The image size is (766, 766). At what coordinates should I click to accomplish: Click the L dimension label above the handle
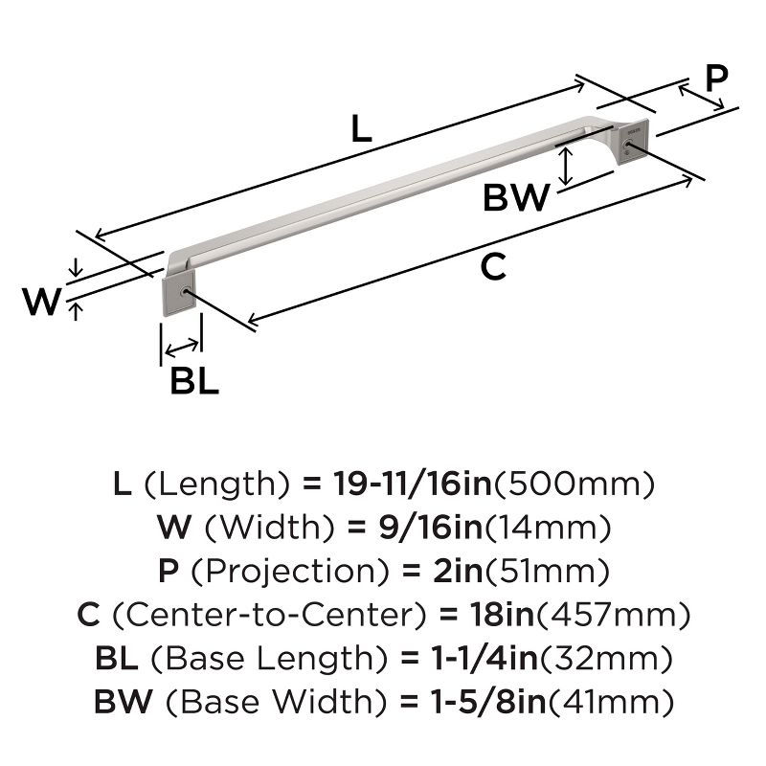[x=360, y=129]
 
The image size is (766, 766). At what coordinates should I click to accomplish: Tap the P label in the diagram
[x=715, y=78]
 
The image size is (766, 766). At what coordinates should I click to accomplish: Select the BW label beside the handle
[x=516, y=198]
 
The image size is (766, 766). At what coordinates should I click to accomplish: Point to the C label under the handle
[x=492, y=268]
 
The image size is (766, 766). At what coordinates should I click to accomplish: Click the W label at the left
[x=42, y=302]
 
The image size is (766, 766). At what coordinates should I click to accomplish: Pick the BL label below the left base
[x=194, y=381]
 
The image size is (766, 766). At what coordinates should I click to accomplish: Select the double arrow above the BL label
[x=182, y=346]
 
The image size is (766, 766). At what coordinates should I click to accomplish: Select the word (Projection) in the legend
[x=290, y=572]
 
